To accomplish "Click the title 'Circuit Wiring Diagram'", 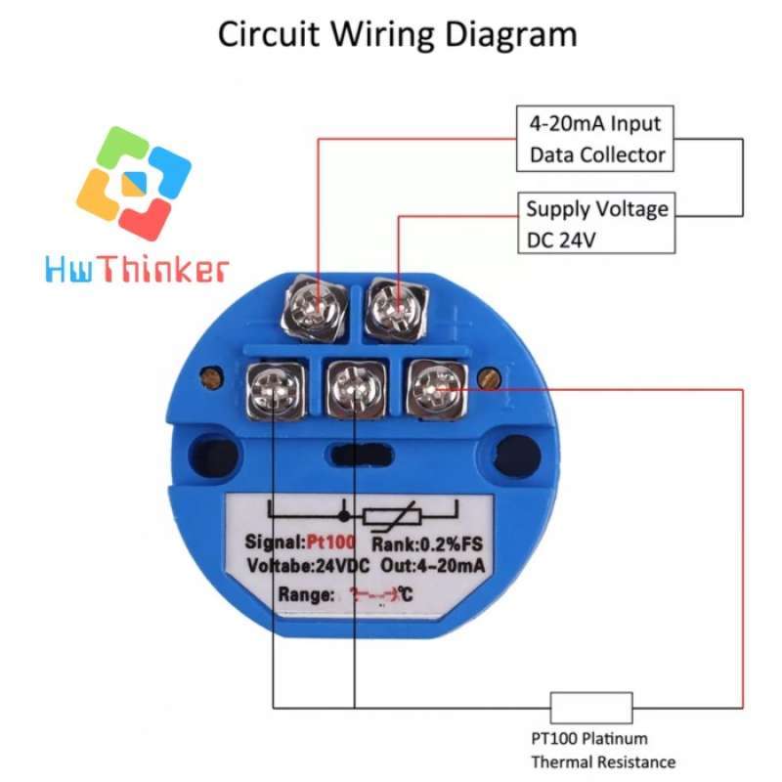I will coord(397,35).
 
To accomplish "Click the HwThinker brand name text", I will coord(136,269).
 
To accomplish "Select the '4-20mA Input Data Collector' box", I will coord(595,139).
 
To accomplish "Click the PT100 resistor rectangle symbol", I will coord(591,706).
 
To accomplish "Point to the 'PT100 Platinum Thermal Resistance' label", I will coord(602,751).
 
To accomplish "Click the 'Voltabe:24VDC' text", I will coord(292,567).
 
